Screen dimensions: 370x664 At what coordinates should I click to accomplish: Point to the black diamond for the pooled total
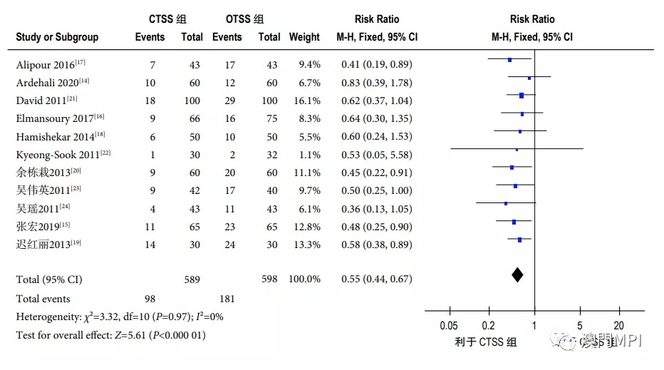(517, 274)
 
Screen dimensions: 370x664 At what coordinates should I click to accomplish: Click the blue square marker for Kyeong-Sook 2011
(517, 150)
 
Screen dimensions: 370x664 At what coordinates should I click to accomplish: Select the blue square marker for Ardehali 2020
(529, 77)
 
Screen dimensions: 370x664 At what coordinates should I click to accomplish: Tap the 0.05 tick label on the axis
(450, 325)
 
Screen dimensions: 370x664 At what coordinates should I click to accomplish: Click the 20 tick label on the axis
(619, 325)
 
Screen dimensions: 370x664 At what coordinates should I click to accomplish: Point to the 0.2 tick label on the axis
(489, 325)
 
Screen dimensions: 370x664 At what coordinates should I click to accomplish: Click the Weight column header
(304, 37)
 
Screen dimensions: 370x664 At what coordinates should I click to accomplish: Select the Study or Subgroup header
(57, 37)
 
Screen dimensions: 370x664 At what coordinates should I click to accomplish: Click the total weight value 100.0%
(304, 279)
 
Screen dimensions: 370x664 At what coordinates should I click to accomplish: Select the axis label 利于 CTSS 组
(486, 342)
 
